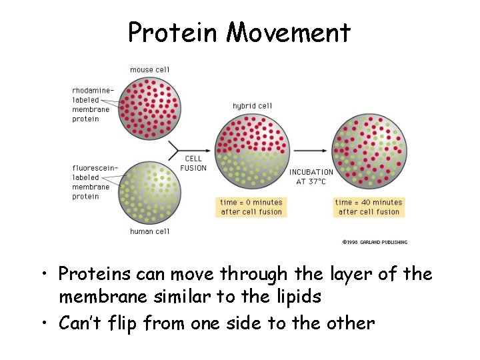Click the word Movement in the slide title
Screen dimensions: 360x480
click(288, 32)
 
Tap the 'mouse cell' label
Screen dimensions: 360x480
click(149, 69)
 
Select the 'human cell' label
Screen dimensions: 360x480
click(149, 231)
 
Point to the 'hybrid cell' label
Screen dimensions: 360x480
click(252, 106)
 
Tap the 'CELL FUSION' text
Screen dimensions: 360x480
click(193, 163)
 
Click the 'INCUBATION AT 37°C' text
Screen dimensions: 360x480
click(311, 177)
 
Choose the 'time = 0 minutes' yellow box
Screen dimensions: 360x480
click(252, 207)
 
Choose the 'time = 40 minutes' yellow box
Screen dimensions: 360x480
click(369, 207)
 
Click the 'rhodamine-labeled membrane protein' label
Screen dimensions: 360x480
click(93, 105)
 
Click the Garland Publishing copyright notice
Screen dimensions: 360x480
click(374, 242)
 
